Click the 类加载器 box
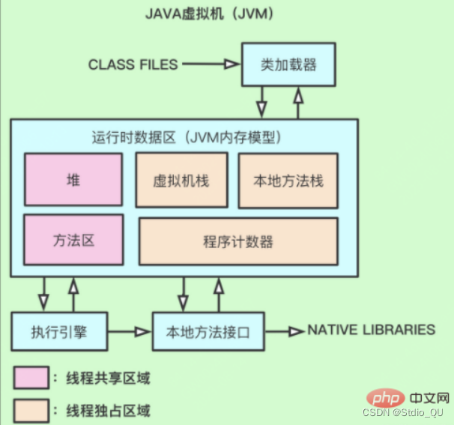[x=288, y=65]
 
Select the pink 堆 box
[x=73, y=181]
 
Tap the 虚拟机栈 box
[x=183, y=181]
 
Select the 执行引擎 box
[x=59, y=331]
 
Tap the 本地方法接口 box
[x=208, y=331]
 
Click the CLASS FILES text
[x=133, y=64]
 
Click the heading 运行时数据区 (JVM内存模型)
[x=185, y=137]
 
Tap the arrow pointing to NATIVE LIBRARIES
[x=284, y=331]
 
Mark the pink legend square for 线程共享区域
[x=29, y=377]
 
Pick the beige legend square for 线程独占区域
[x=29, y=409]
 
